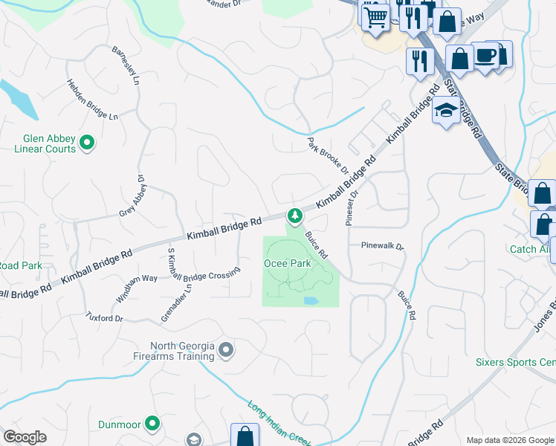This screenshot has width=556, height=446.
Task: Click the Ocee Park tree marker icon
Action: (x=295, y=216)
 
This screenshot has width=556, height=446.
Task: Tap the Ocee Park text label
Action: (x=287, y=263)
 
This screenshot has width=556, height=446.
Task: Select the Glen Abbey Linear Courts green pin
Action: (x=87, y=141)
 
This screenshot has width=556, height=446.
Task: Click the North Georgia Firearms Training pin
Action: (x=227, y=349)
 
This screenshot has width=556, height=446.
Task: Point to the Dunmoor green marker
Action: (x=152, y=423)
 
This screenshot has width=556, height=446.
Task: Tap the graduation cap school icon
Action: (x=445, y=111)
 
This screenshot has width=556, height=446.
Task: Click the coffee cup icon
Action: (x=485, y=56)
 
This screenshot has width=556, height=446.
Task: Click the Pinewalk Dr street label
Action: (x=381, y=245)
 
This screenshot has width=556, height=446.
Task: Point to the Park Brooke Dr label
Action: (x=328, y=154)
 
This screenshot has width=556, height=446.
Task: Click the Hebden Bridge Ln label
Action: (x=92, y=100)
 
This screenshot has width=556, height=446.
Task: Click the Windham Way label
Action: (x=136, y=288)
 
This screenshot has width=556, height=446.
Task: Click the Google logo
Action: (x=25, y=437)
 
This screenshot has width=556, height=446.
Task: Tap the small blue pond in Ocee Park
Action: (x=311, y=301)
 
